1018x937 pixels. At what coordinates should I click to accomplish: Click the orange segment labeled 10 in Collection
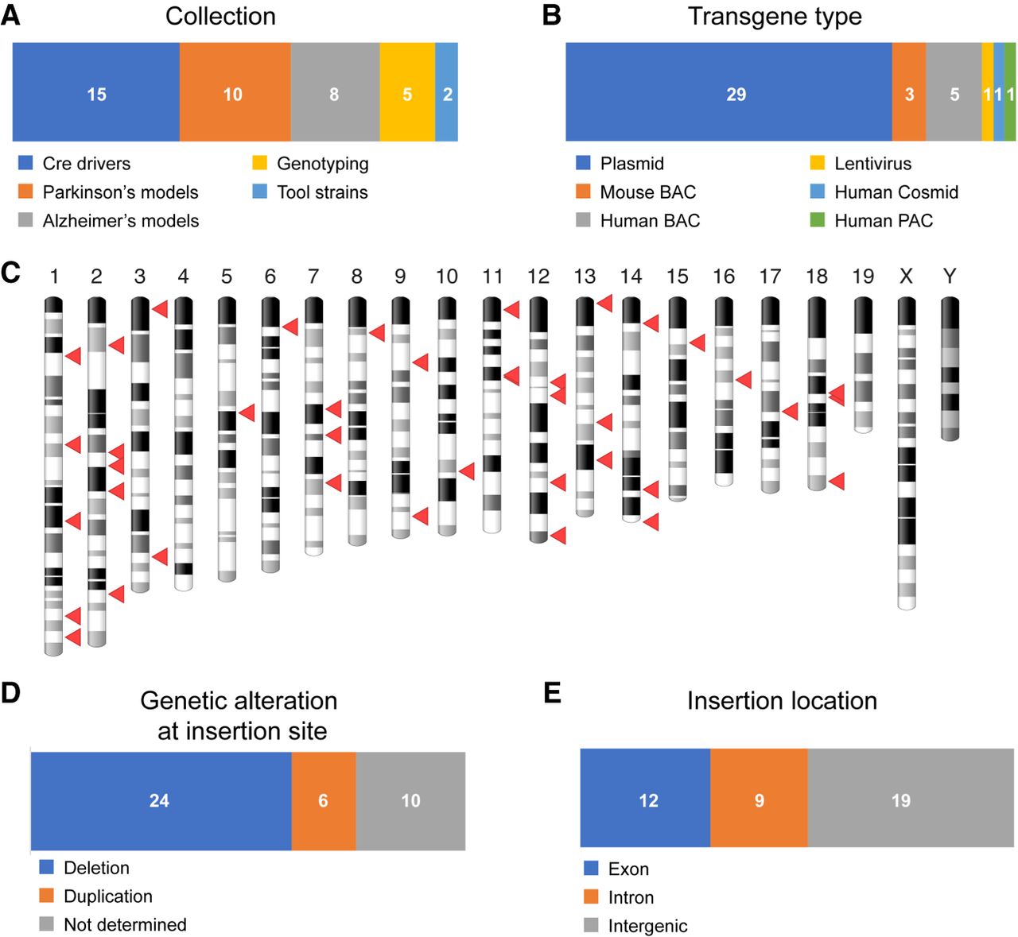(x=235, y=92)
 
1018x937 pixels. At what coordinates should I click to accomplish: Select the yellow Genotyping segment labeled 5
(x=407, y=92)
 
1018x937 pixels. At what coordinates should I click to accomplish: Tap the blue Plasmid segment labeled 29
(x=729, y=92)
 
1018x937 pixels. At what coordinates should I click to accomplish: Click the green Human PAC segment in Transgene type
(x=1010, y=92)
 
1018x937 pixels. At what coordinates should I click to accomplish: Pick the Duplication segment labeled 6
(x=323, y=801)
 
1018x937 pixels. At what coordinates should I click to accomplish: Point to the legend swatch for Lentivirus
(x=817, y=163)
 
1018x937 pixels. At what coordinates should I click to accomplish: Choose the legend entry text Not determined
(x=125, y=924)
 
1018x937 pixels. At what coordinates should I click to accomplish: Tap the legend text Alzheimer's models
(x=121, y=221)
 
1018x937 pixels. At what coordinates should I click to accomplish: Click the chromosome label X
(x=906, y=277)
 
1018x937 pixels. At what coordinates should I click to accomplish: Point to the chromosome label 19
(x=863, y=277)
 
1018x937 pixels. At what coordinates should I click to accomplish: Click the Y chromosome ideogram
(x=950, y=369)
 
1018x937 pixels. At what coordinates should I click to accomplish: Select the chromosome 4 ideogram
(x=183, y=444)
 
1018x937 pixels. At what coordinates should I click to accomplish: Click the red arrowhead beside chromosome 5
(x=247, y=412)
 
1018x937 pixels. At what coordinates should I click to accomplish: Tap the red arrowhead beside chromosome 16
(x=744, y=379)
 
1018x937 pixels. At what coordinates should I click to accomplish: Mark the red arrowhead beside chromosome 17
(x=790, y=412)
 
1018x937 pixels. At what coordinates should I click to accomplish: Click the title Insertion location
(x=782, y=701)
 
